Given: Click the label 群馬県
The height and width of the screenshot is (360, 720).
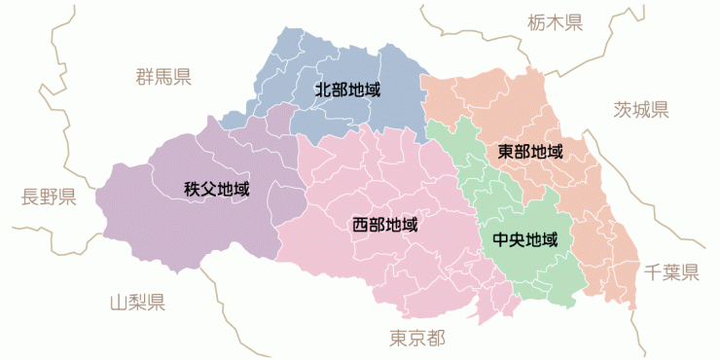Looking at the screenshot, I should tap(162, 77).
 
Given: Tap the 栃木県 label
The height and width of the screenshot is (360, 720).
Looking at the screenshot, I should tap(555, 21).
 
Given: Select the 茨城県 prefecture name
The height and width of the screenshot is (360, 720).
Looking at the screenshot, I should tap(641, 109).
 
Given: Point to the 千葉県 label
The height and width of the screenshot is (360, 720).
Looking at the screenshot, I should tap(671, 272).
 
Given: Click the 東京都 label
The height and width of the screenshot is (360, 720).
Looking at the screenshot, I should tap(417, 339).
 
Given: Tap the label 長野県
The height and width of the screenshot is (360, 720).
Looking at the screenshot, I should tap(49, 198).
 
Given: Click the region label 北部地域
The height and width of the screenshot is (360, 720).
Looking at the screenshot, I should tap(346, 90).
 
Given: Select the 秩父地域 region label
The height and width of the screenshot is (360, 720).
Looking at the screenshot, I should tap(216, 189).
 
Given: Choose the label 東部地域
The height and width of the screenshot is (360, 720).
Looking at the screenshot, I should tap(530, 152).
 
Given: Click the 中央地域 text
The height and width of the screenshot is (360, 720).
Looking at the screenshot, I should tap(525, 239).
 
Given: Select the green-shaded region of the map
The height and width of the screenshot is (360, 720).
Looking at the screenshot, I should tap(530, 272).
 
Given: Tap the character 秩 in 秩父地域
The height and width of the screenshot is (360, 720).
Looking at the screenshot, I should tap(192, 189).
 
